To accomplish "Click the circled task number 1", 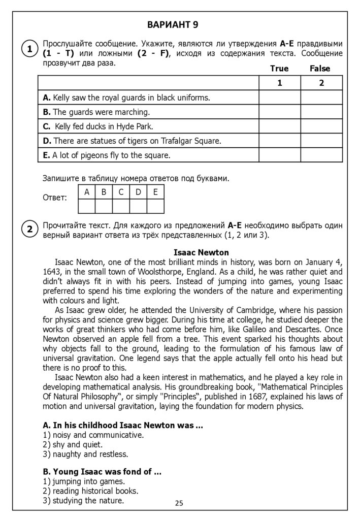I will [30, 49].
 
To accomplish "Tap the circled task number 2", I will [30, 230].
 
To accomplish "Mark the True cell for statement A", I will [279, 97].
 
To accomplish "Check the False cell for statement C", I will [321, 126].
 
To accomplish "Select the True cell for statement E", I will [279, 155].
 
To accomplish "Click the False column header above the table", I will [320, 69].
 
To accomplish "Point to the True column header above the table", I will [279, 69].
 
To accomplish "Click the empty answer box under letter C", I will [121, 206].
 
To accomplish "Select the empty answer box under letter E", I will [155, 206].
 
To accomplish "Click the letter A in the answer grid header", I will [87, 192].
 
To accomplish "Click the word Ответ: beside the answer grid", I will [54, 198].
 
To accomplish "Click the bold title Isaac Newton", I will [201, 252].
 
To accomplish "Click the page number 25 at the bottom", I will [179, 503].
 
